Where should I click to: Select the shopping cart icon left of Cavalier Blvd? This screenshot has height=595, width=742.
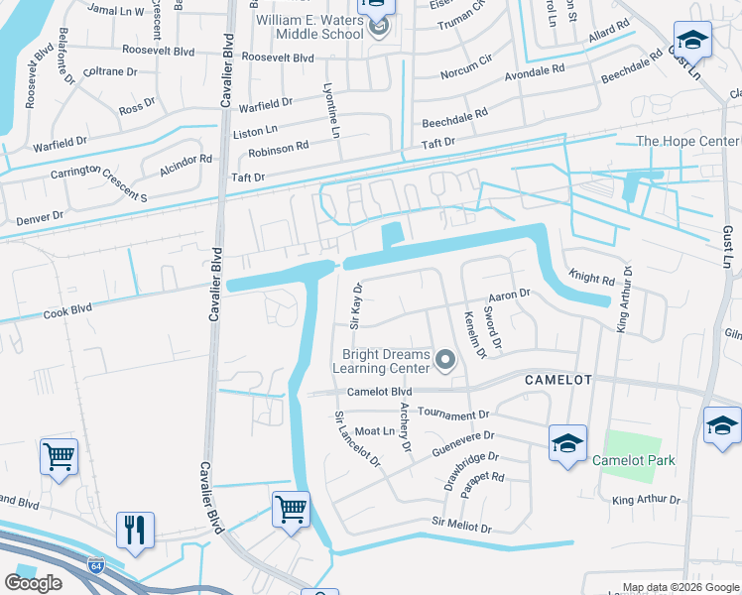(59, 457)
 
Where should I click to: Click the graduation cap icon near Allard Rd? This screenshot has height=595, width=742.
(691, 41)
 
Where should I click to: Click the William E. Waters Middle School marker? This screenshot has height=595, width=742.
(376, 27)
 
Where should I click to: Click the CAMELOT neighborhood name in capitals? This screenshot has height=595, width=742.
(557, 380)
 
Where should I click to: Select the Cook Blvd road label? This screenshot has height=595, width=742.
(67, 311)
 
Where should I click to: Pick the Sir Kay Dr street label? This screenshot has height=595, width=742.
(356, 304)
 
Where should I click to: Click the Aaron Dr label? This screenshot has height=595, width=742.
(511, 295)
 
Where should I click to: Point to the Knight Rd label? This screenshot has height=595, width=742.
(592, 277)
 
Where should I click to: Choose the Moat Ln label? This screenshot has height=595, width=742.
(375, 431)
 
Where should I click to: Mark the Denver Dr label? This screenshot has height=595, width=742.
(39, 215)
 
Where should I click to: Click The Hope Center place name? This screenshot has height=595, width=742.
(686, 142)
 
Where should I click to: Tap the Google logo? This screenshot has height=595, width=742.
(34, 582)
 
